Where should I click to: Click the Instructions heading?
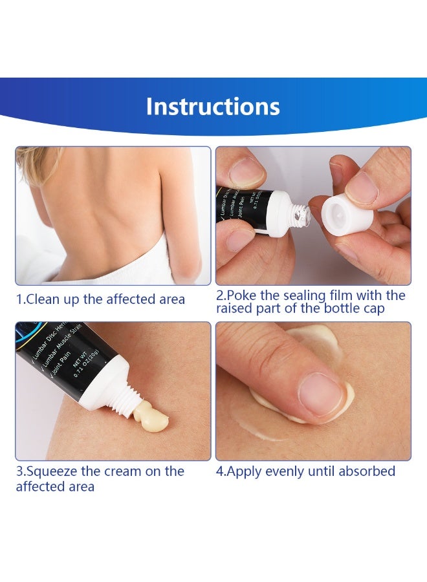(x=213, y=106)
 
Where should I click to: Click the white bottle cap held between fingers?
(x=347, y=214)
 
